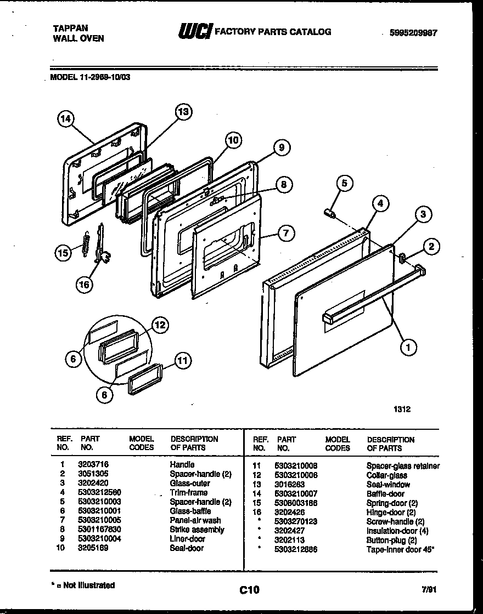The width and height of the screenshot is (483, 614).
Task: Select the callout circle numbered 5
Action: pyautogui.click(x=344, y=184)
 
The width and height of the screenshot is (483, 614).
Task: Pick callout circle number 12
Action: pyautogui.click(x=159, y=326)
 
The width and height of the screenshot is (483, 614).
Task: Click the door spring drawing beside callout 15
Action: pyautogui.click(x=85, y=242)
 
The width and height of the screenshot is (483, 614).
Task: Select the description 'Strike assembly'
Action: pyautogui.click(x=197, y=530)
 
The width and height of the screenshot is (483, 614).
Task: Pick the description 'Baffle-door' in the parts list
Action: pyautogui.click(x=385, y=493)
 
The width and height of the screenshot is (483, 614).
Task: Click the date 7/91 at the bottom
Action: pyautogui.click(x=430, y=589)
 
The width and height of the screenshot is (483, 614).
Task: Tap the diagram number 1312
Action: pyautogui.click(x=402, y=408)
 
